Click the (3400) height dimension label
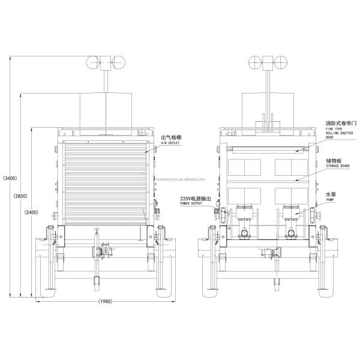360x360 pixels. click(x=10, y=179)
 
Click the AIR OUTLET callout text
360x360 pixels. click(x=171, y=144)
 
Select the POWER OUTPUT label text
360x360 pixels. click(x=192, y=204)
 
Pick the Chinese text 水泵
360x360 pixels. click(x=330, y=195)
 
